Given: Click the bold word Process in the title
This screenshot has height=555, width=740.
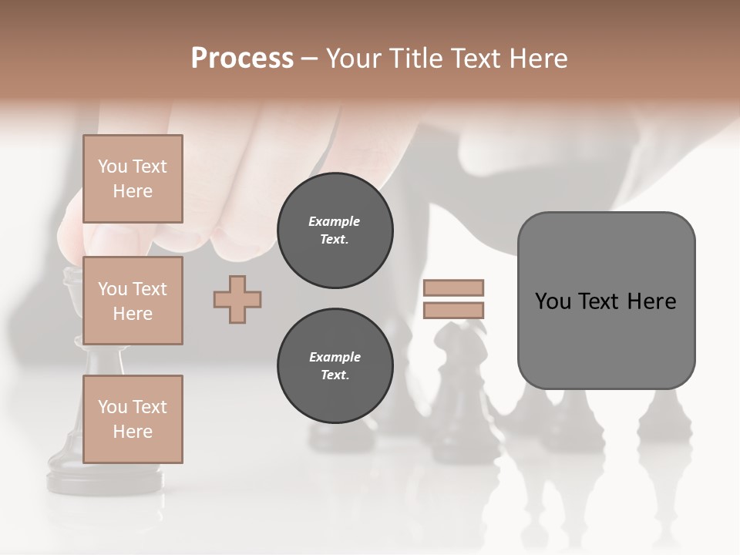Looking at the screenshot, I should (242, 59).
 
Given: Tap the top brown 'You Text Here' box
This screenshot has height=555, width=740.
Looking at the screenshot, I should (133, 179).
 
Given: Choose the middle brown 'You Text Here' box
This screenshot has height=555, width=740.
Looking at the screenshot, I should (133, 301).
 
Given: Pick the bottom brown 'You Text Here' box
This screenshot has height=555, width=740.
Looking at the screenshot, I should (133, 419).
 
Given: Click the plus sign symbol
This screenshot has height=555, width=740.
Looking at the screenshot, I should (237, 299).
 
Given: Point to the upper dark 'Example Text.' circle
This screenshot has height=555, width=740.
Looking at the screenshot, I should (335, 230).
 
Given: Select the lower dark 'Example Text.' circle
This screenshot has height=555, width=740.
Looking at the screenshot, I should (335, 365).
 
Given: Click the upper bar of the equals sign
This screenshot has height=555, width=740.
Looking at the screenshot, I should (453, 288).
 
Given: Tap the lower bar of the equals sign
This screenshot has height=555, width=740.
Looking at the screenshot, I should (453, 311).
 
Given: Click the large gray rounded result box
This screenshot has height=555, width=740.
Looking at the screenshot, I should (606, 339).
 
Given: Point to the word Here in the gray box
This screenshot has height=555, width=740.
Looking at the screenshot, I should (651, 301).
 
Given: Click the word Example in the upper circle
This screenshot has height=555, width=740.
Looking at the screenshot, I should (335, 221).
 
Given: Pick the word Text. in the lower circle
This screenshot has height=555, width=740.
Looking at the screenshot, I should (335, 375).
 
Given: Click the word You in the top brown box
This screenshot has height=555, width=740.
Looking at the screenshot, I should (112, 166).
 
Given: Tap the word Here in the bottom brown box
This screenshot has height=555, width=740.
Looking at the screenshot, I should (133, 432).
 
